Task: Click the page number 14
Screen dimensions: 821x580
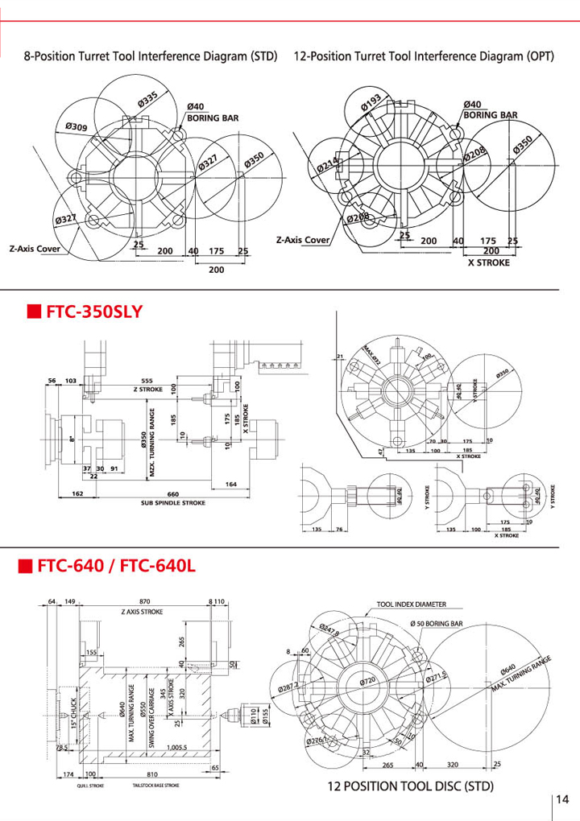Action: tap(562, 798)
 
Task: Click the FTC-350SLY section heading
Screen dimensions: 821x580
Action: tap(95, 310)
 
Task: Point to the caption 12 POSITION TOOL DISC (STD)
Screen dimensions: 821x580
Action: tap(410, 786)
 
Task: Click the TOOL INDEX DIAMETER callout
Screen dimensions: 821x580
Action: tap(411, 604)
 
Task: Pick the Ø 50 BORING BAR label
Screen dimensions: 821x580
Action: tap(437, 624)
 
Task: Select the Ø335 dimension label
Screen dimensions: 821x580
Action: tap(147, 101)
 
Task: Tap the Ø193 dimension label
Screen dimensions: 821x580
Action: tap(371, 103)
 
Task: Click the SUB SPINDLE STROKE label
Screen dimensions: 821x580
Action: tap(172, 503)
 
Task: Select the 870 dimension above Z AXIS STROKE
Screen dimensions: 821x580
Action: tap(144, 601)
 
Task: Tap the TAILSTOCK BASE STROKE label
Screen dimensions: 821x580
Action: tap(155, 785)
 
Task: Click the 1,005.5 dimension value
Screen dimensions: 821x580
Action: tap(172, 747)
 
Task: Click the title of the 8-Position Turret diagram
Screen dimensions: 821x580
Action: tap(151, 57)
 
